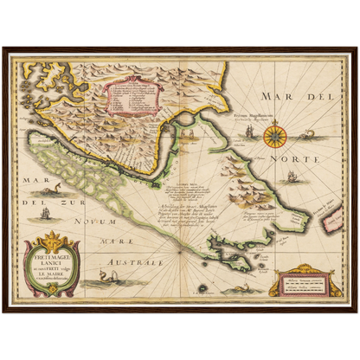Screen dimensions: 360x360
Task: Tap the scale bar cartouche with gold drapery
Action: [x=299, y=285]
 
